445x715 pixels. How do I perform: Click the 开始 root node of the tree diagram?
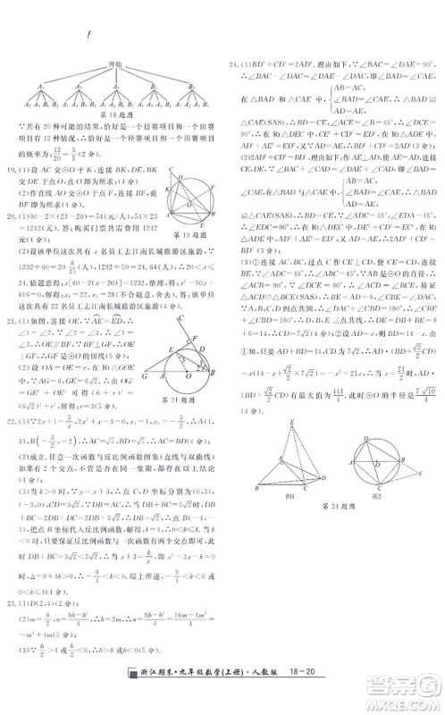pyautogui.click(x=113, y=64)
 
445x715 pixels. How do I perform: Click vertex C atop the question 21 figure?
pyautogui.click(x=179, y=319)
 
